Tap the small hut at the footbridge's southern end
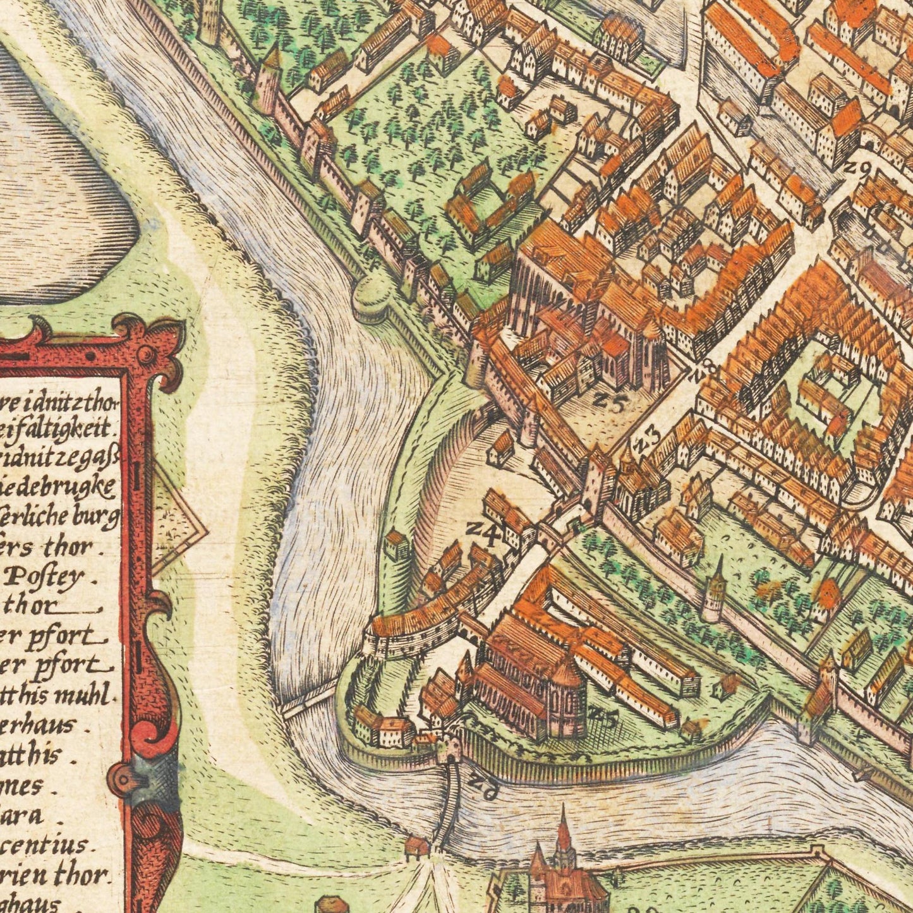[x=416, y=845]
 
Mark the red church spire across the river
[x=563, y=828]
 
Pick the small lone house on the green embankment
[x=397, y=545]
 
